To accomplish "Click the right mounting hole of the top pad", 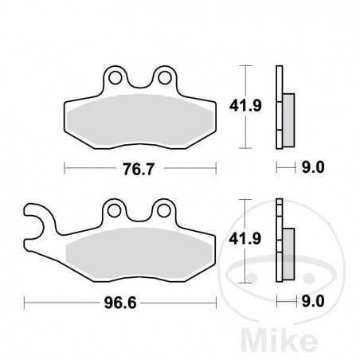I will point(166,78).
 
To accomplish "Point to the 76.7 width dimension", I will point(140,169).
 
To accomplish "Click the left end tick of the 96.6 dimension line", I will point(25,303).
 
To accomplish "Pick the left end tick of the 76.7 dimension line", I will point(64,169).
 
